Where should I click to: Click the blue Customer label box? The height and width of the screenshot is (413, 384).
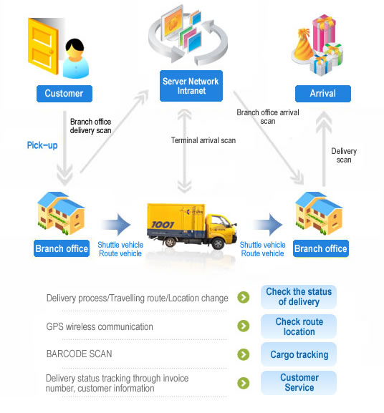click(x=64, y=94)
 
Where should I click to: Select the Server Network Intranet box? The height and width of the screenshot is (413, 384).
click(x=191, y=86)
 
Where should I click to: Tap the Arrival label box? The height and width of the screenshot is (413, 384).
click(x=323, y=94)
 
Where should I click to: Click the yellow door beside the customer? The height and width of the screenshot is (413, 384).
click(x=43, y=46)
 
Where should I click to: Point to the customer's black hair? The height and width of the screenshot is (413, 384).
click(x=75, y=45)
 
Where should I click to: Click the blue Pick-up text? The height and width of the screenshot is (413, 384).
click(x=42, y=145)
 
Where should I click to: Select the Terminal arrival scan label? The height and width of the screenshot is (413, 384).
click(x=203, y=140)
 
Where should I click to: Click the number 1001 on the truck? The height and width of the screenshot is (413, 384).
click(x=163, y=225)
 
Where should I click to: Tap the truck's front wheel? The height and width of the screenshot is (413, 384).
click(x=219, y=243)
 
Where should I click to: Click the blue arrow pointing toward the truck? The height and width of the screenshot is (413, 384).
click(x=116, y=225)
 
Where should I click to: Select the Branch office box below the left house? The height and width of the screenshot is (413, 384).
click(x=62, y=248)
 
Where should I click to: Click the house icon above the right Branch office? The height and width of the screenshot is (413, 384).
click(x=320, y=213)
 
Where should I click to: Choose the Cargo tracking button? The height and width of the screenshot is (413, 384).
click(x=299, y=354)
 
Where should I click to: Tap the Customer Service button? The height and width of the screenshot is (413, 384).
click(x=299, y=382)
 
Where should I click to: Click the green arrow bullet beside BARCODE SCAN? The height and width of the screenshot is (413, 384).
click(x=244, y=354)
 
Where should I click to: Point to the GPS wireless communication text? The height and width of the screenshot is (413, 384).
click(x=100, y=326)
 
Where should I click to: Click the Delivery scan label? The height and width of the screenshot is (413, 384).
click(x=344, y=155)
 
